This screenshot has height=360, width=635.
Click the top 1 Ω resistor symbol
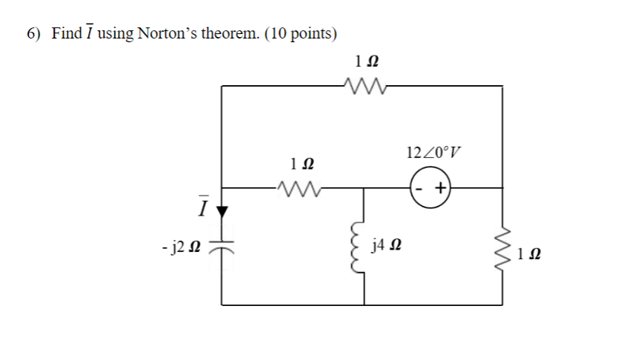point(365,87)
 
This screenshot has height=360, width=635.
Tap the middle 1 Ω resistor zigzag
point(296,188)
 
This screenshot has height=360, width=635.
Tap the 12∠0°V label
point(433,153)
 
